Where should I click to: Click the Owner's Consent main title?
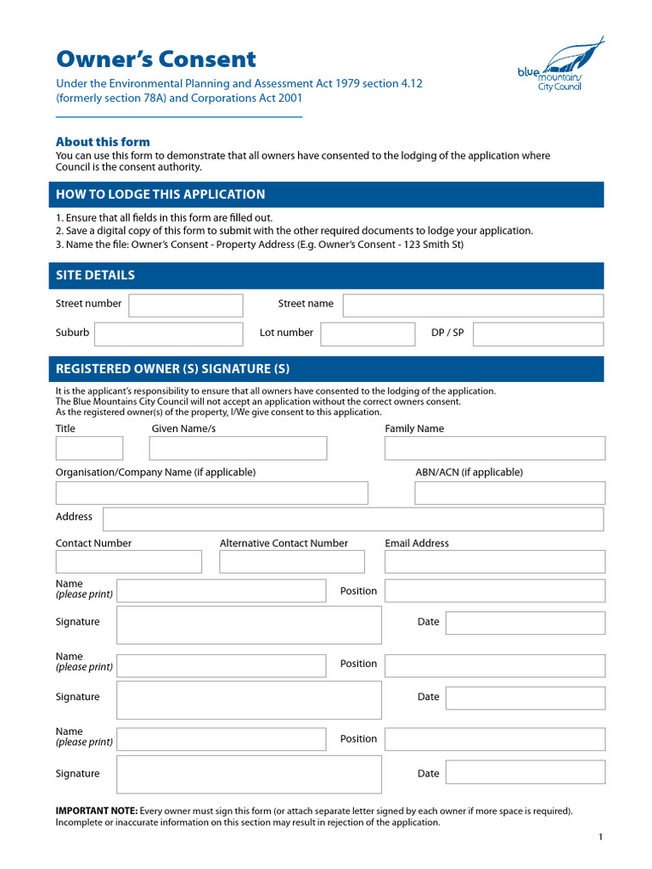(x=155, y=59)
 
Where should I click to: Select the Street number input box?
(x=185, y=306)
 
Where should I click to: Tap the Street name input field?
(x=473, y=306)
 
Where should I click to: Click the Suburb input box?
(x=168, y=334)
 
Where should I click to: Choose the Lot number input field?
(x=367, y=334)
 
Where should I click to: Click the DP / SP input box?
(x=537, y=334)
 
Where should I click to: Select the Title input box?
(x=89, y=448)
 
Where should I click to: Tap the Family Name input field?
(x=495, y=448)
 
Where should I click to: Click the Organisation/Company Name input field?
(x=211, y=493)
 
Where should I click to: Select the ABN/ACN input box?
(x=509, y=493)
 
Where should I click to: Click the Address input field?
(x=353, y=519)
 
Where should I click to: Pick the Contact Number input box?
(x=128, y=562)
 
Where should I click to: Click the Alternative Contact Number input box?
(x=291, y=562)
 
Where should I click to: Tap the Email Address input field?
(x=495, y=562)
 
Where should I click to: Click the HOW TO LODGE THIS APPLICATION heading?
(x=160, y=194)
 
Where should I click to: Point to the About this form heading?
(x=103, y=142)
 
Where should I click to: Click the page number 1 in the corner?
(x=600, y=838)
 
